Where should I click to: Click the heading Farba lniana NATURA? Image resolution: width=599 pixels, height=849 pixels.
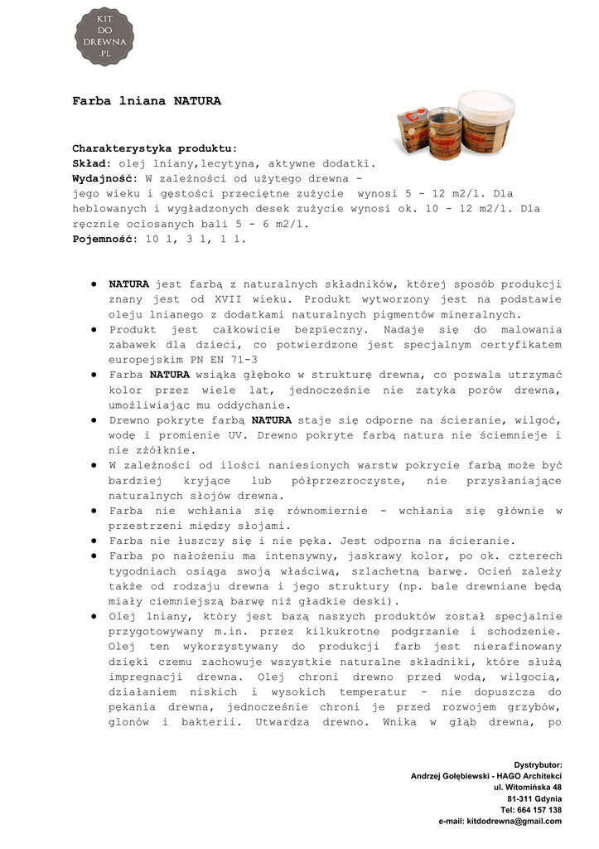coord(147,102)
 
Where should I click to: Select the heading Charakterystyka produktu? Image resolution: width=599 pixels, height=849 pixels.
coord(155,148)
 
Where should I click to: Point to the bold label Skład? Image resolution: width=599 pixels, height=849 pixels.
coord(92,164)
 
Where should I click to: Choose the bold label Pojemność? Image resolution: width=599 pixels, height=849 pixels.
coord(105,240)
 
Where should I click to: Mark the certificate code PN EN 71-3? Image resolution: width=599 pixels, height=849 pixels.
coord(219,360)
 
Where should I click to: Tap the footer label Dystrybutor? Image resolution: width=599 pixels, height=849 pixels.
coord(538,764)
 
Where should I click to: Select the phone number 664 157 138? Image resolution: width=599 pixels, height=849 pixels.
coord(542,809)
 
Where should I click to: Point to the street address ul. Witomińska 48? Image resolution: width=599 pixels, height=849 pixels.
coord(528,787)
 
